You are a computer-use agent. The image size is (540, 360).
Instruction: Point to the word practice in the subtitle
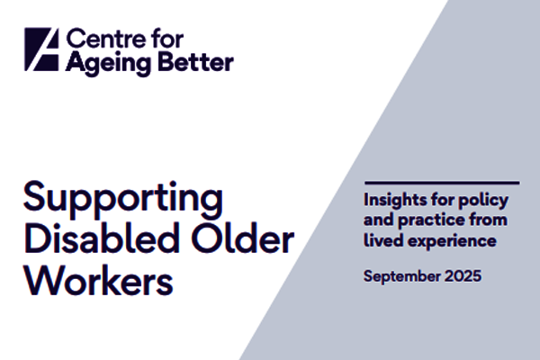point(429,220)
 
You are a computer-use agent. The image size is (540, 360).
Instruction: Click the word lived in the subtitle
point(382,240)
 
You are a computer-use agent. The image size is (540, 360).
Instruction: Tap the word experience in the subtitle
point(447,242)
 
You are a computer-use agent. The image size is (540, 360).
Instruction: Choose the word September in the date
point(400,276)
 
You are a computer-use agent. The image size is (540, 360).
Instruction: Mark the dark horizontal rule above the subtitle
point(441,183)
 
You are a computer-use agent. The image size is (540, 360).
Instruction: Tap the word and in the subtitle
point(378,220)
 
